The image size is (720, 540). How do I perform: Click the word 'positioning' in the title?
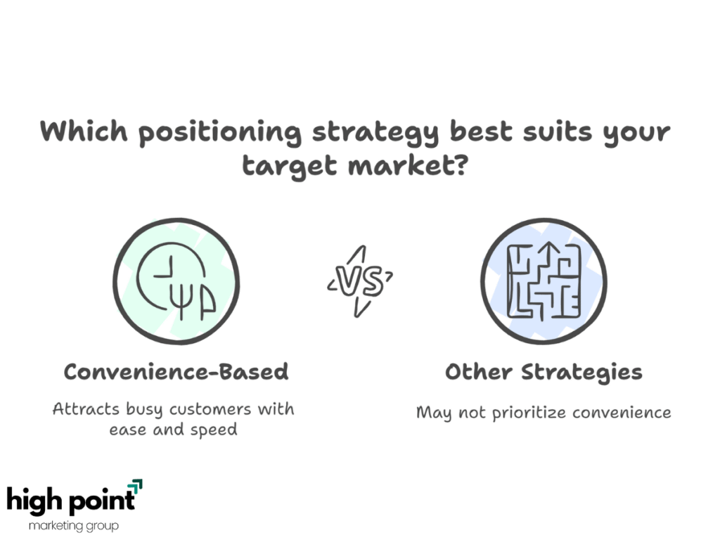coord(220,133)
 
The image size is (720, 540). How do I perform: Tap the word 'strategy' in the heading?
coord(375,133)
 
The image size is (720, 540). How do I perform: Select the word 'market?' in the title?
coord(409,165)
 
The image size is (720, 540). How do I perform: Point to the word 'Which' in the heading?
coord(84,130)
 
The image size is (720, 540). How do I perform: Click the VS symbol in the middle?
coord(360,281)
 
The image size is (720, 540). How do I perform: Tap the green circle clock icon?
coord(176,281)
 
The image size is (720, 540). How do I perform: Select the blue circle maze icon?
coord(544,281)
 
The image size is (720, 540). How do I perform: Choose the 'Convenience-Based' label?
coord(176,371)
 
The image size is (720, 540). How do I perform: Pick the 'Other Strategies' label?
coord(544,372)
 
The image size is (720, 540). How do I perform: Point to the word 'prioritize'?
coord(529,413)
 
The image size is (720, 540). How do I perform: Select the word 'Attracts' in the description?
coord(86,409)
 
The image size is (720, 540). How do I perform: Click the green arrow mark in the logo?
coord(135,487)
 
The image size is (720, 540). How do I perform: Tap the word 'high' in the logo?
coord(34,500)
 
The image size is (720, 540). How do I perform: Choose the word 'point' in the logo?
coord(101,501)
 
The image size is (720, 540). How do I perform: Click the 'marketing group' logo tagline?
coord(73,525)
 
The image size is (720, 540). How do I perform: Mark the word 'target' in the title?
coord(289,166)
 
